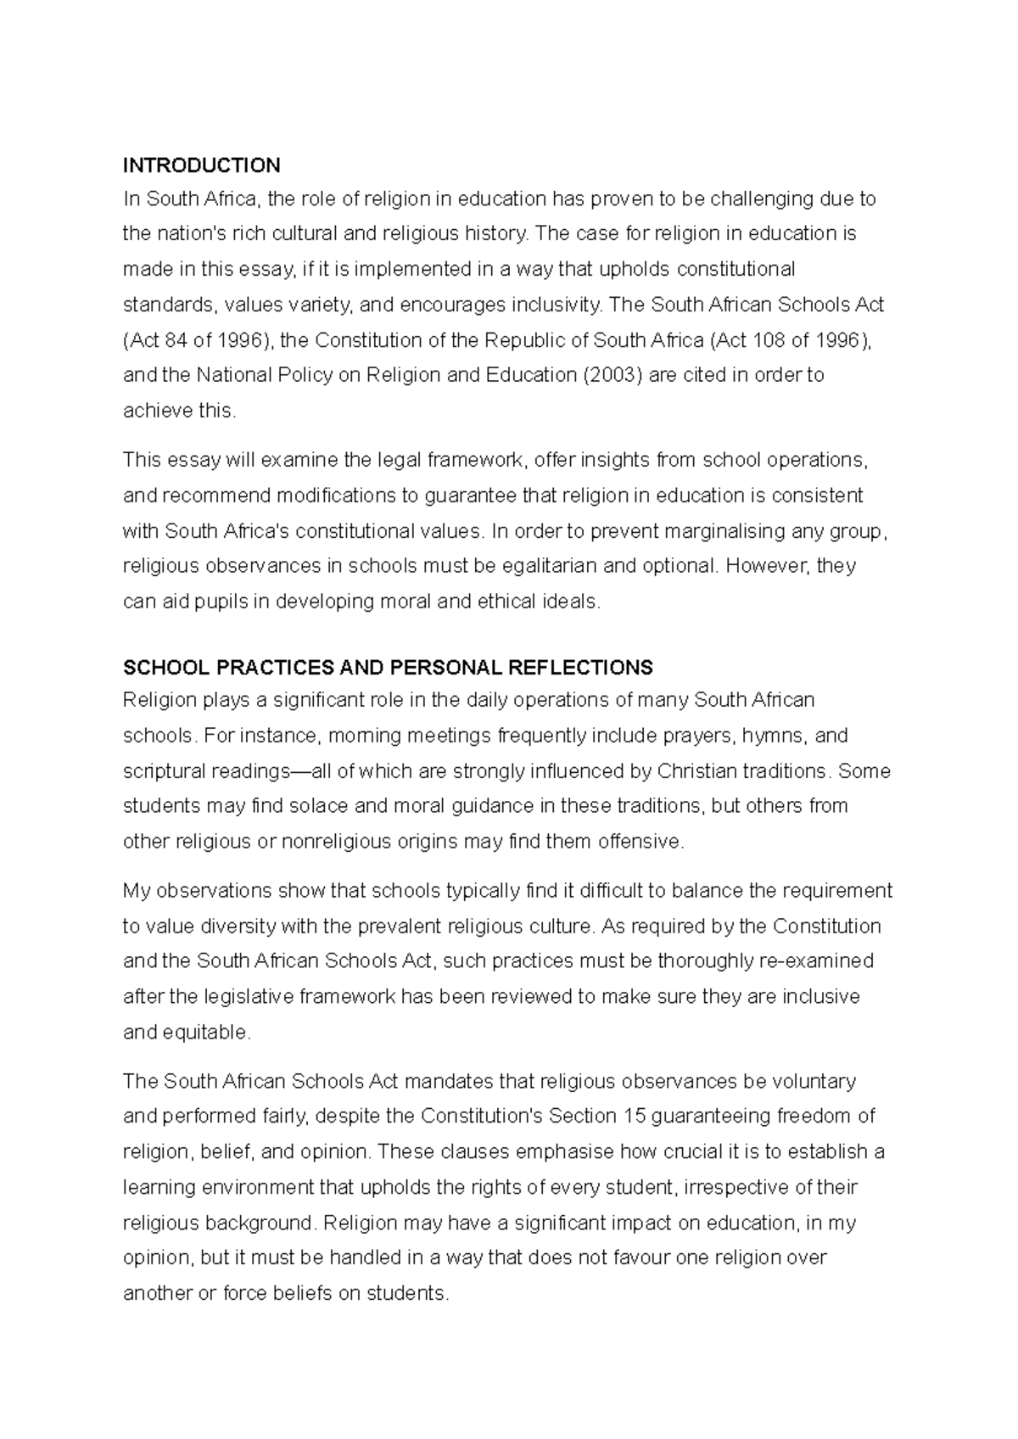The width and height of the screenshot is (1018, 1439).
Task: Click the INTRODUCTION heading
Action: point(201,165)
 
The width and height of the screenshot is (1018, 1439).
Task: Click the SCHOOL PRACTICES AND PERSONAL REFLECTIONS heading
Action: point(388,668)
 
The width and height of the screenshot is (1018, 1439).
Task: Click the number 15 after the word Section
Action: point(635,1117)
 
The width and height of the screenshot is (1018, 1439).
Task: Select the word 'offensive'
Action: point(640,843)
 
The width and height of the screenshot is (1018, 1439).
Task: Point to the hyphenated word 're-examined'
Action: point(820,962)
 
